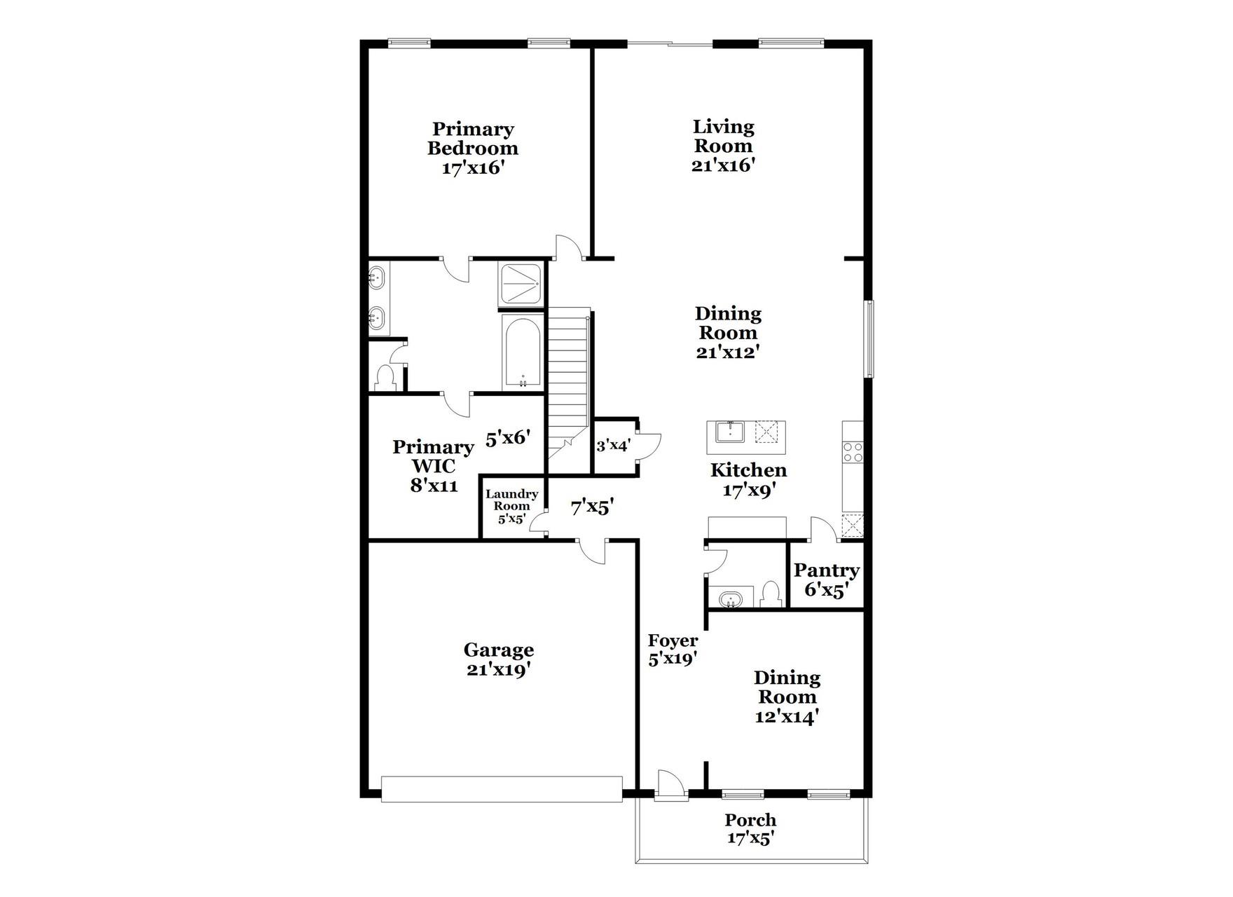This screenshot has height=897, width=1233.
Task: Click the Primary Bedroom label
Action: click(x=473, y=139)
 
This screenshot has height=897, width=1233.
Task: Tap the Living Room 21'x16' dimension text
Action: click(x=724, y=165)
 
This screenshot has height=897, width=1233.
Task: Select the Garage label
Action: click(x=498, y=650)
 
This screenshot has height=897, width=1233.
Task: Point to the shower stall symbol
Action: click(x=521, y=284)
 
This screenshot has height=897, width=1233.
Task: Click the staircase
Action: click(x=567, y=378)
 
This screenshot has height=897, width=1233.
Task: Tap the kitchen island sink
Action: click(x=730, y=432)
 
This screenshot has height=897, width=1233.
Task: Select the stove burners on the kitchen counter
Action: click(x=853, y=451)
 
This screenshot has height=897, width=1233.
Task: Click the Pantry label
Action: click(x=827, y=570)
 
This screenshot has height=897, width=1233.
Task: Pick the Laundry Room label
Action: click(x=512, y=500)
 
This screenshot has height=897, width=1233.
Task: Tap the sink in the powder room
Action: click(x=731, y=600)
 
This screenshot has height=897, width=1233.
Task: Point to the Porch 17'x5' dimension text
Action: click(x=750, y=838)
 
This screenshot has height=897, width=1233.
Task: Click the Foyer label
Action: click(x=673, y=641)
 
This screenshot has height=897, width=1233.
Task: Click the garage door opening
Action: click(x=502, y=788)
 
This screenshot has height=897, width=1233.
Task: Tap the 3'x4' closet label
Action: click(x=614, y=445)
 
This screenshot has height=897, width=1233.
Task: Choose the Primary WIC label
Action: click(x=434, y=456)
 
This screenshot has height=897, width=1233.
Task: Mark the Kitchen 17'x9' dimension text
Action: click(x=748, y=491)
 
